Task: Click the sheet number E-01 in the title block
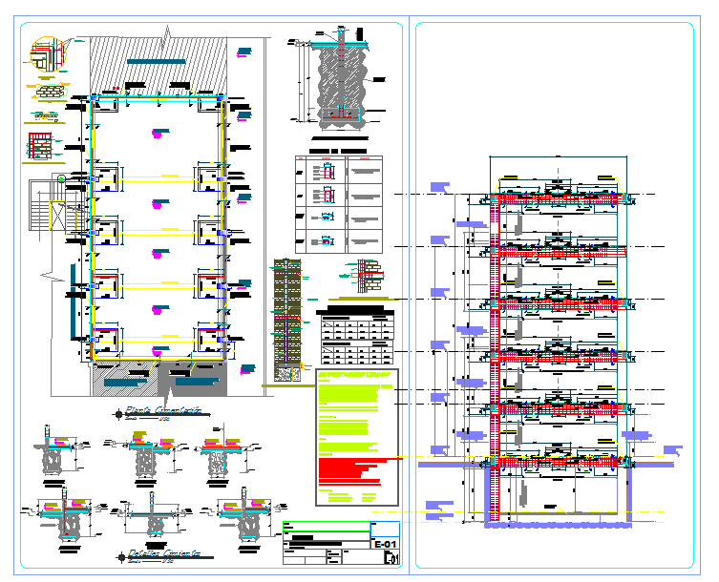(x=384, y=545)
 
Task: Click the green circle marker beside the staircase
(x=62, y=178)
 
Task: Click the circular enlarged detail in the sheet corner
(x=42, y=53)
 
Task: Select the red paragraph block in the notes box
(x=353, y=468)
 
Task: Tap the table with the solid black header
(x=354, y=336)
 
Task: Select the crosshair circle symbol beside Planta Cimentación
(x=118, y=413)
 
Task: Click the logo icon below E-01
(x=387, y=561)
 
